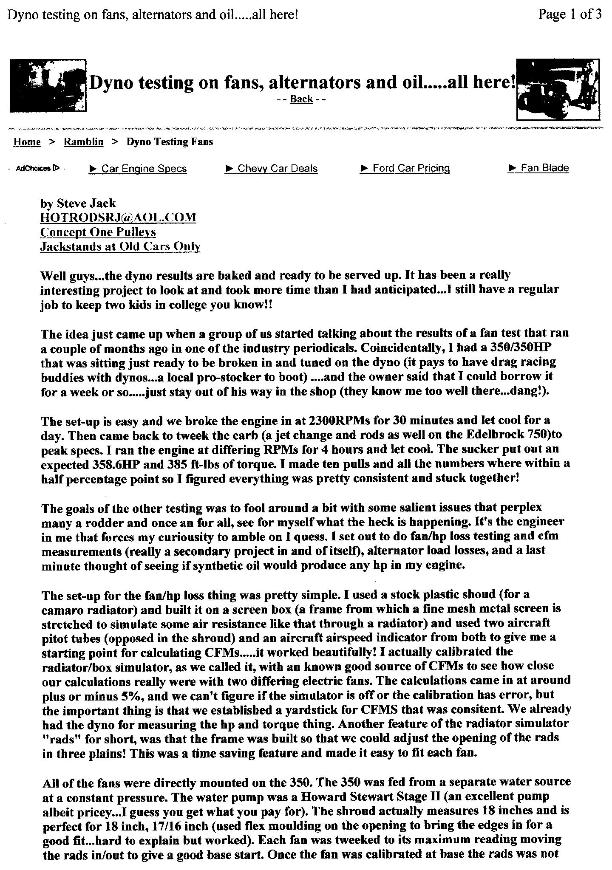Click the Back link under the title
301,99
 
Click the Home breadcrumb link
27,142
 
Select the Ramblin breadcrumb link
83,142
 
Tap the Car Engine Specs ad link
144,169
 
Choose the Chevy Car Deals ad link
277,169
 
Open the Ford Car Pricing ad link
411,168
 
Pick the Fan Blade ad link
544,168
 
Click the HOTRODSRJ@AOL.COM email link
118,217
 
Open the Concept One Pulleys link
98,232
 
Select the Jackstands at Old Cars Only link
120,246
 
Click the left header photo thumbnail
48,85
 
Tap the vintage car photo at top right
558,89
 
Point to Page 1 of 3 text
570,14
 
